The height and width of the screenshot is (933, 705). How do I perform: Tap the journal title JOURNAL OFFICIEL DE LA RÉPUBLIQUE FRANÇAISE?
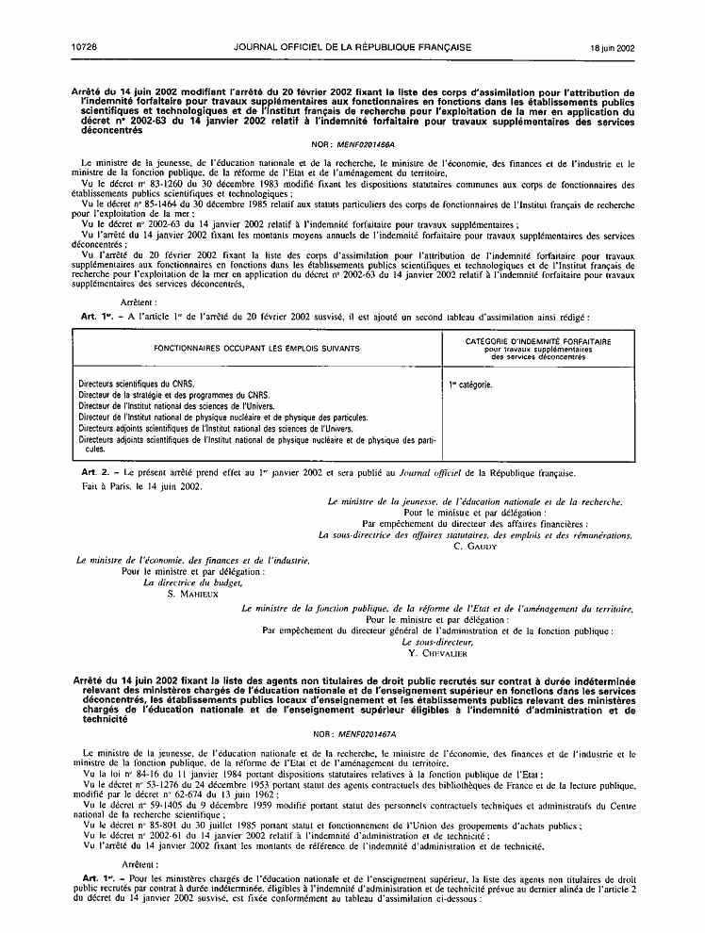coord(352,46)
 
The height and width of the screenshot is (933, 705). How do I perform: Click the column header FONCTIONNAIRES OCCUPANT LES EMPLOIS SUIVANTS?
coord(250,349)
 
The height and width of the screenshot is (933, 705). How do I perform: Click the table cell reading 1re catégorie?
coord(471,385)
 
